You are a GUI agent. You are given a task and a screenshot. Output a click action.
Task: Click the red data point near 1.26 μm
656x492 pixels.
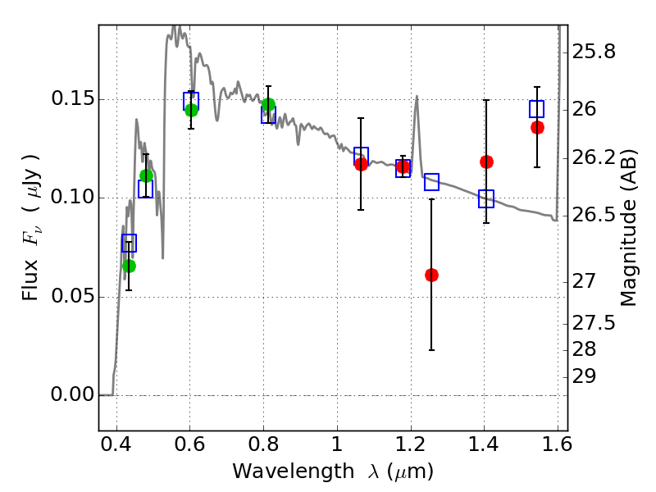pos(431,275)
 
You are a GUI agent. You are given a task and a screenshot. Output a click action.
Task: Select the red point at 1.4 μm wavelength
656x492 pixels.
pos(486,162)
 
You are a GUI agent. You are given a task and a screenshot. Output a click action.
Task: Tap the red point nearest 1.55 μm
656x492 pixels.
pos(537,127)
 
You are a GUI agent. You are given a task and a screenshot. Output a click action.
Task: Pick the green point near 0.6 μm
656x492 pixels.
pos(191,110)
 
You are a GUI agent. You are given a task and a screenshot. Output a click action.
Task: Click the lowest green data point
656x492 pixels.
pos(129,266)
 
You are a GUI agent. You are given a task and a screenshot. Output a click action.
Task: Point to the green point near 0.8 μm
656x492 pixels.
pos(268,104)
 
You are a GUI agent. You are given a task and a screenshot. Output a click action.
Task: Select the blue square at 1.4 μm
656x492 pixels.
pos(486,198)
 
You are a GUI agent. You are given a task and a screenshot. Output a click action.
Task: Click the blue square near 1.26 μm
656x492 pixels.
pos(431,182)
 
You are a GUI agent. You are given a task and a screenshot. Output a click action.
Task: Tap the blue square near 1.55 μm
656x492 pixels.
pos(537,109)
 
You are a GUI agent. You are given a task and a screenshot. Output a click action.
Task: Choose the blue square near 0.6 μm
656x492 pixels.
pos(191,101)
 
